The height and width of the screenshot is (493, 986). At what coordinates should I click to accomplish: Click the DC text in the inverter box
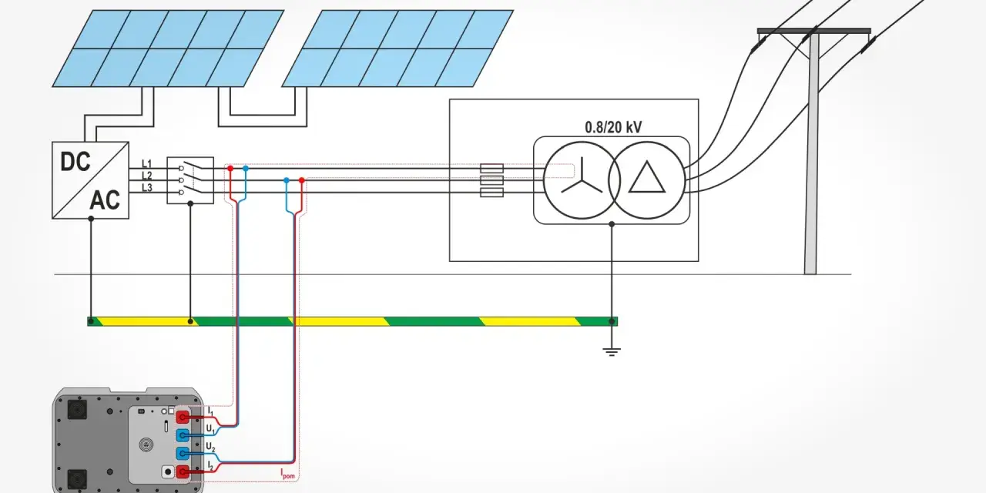(x=75, y=162)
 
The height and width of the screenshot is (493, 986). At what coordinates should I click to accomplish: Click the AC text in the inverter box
(x=105, y=200)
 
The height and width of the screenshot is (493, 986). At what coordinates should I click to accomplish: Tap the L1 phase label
(x=146, y=164)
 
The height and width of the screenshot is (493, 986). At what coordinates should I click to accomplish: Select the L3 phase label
(x=146, y=188)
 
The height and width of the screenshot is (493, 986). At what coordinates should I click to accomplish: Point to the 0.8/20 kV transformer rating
(x=613, y=127)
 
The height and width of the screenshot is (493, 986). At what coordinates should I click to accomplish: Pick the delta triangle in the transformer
(x=646, y=177)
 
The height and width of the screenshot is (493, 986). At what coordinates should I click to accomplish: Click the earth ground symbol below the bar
(x=612, y=352)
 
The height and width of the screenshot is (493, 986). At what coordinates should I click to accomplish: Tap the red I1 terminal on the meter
(x=183, y=417)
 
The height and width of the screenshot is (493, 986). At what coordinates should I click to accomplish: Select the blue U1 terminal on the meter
(x=183, y=435)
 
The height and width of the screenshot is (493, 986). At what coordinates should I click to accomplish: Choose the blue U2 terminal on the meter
(x=183, y=454)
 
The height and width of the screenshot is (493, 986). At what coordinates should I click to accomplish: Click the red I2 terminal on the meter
(x=183, y=472)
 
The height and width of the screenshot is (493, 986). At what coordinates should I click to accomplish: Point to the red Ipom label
(x=288, y=474)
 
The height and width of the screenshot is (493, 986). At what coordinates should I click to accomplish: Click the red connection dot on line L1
(x=230, y=168)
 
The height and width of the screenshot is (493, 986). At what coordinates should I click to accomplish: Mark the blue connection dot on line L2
(x=287, y=180)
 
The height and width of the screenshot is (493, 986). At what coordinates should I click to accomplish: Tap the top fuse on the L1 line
(x=491, y=168)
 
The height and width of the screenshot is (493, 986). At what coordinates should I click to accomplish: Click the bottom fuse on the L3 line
(x=491, y=193)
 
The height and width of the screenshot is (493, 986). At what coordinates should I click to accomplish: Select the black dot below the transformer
(x=612, y=224)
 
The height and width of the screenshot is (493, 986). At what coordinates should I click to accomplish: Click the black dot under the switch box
(x=190, y=204)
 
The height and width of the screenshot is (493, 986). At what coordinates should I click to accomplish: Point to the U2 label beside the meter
(x=210, y=447)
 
